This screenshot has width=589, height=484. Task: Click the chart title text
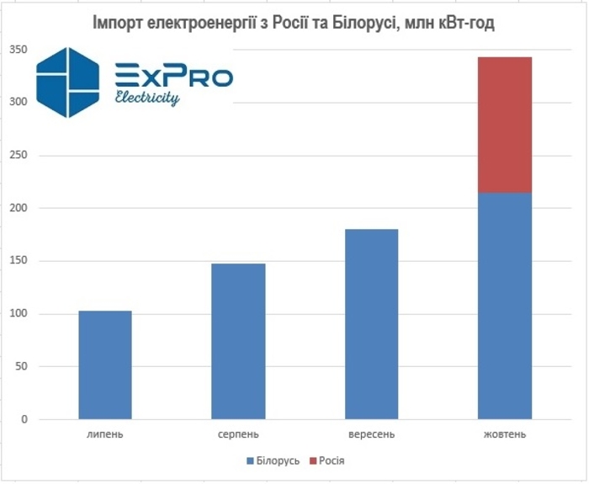coord(293,23)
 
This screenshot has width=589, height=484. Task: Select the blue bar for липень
coord(105,364)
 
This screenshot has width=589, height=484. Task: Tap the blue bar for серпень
coord(238,341)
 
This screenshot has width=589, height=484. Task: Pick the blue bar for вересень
coord(371,324)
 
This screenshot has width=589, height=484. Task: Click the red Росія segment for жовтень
coord(504,125)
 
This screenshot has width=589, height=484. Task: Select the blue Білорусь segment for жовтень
coord(504,306)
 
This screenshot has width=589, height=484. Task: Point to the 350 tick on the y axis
coord(19,51)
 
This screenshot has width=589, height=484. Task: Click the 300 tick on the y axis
coord(19,103)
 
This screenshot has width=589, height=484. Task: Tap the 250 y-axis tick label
coord(19,156)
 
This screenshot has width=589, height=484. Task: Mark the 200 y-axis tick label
coord(19,208)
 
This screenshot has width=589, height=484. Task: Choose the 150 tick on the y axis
coord(19,261)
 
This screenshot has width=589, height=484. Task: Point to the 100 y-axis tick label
coord(19,314)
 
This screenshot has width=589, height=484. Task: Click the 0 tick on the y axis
coord(24,419)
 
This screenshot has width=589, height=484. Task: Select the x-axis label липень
coord(105,434)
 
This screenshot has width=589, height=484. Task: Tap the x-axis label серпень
coord(238,434)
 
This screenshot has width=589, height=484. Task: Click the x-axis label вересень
coord(371,434)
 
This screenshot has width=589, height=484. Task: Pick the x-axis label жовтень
coord(505,434)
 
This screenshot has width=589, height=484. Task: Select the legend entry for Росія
coord(326,461)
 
